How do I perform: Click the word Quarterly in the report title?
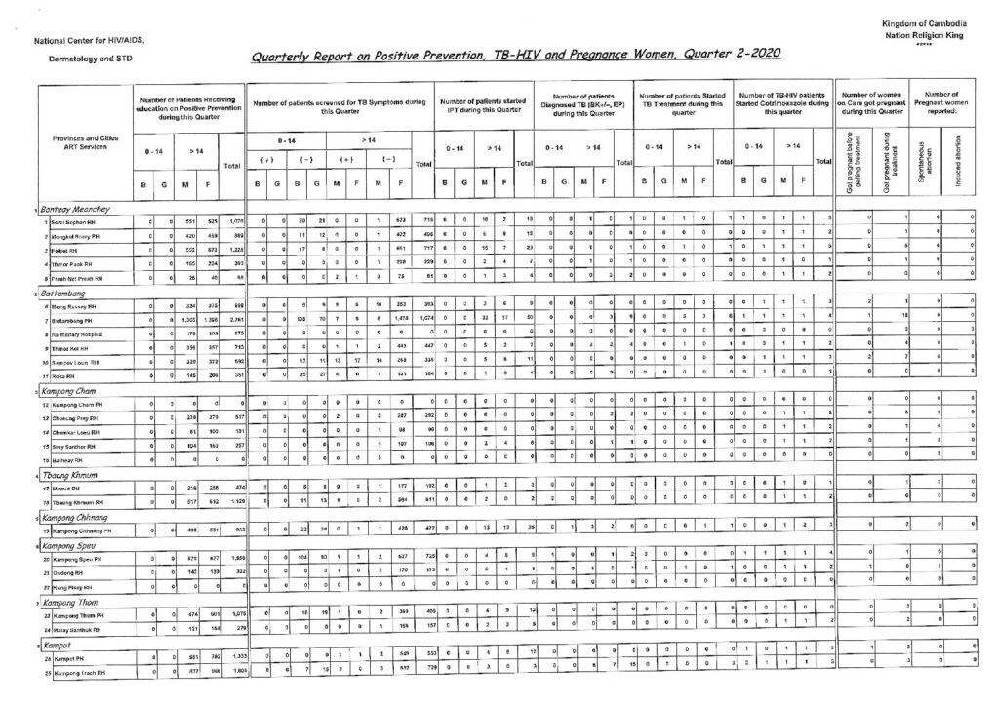(283, 57)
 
